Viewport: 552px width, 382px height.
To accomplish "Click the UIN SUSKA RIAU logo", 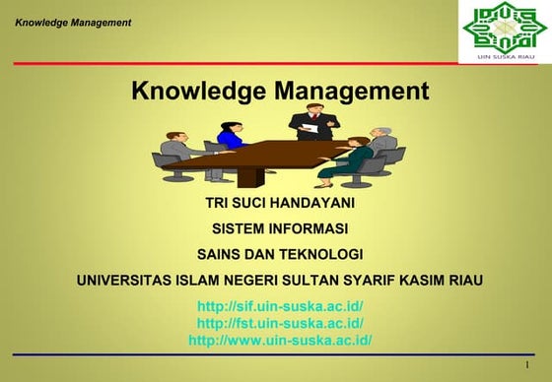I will (x=500, y=32).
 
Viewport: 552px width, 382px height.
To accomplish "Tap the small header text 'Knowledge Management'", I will (x=73, y=22).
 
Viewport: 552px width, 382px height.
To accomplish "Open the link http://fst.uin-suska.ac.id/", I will (x=280, y=323).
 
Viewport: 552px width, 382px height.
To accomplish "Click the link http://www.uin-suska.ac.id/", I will (x=280, y=340).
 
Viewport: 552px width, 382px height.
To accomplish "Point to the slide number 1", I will (x=528, y=365).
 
